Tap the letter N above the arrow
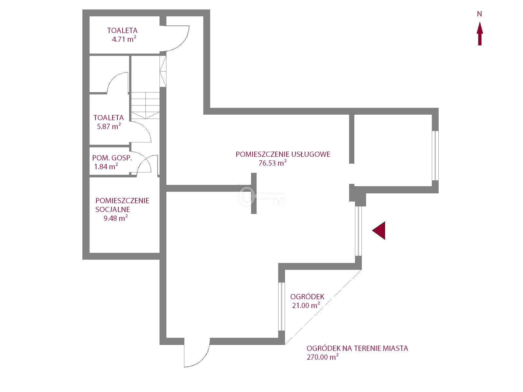[480, 14]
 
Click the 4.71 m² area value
[124, 40]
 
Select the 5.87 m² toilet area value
[109, 126]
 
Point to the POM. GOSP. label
[112, 158]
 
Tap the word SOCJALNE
[113, 209]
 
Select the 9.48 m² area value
[115, 218]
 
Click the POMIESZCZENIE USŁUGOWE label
[283, 154]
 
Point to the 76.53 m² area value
[273, 163]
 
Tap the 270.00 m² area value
[322, 357]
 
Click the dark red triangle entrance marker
[380, 231]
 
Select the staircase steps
[145, 105]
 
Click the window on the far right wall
[435, 156]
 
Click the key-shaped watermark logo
[261, 196]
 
